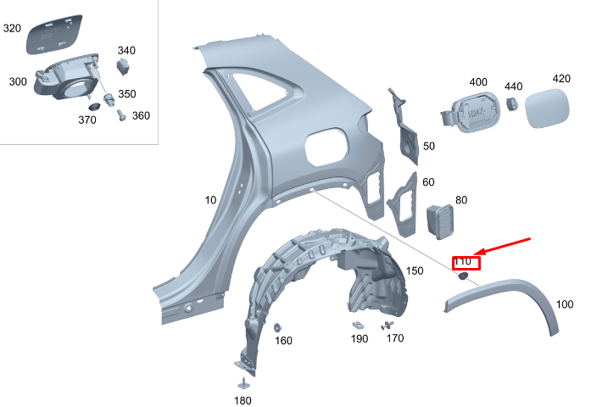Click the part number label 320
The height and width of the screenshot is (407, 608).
click(13, 28)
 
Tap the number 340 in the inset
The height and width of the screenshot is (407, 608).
click(126, 50)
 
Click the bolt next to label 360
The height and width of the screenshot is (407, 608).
click(121, 114)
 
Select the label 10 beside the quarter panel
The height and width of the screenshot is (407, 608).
click(210, 200)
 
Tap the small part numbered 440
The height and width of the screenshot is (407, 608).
click(512, 103)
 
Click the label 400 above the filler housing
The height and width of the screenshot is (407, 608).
click(478, 82)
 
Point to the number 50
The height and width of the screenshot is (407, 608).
click(428, 146)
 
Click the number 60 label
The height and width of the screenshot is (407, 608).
click(428, 182)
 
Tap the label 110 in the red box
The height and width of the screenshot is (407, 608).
click(466, 262)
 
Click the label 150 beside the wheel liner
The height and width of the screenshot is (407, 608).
click(414, 270)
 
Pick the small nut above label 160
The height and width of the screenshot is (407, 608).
click(278, 327)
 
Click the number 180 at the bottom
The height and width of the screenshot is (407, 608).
click(243, 399)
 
